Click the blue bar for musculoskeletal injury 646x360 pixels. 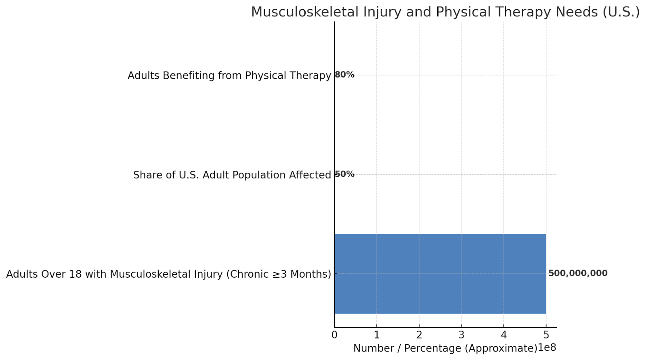440,274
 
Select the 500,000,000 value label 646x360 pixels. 577,273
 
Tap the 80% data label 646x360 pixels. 345,75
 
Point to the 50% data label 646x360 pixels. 345,174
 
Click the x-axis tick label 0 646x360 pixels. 334,335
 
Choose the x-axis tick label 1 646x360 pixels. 377,335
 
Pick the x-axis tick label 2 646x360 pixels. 419,335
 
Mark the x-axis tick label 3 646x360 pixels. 461,335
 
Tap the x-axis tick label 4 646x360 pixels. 503,335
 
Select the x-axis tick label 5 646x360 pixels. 546,335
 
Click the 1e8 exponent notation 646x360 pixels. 547,348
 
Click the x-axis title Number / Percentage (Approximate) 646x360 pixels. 445,348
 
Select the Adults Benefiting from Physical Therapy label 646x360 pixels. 229,75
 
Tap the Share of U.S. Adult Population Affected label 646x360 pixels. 232,175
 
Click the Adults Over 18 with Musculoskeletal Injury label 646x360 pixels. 168,274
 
